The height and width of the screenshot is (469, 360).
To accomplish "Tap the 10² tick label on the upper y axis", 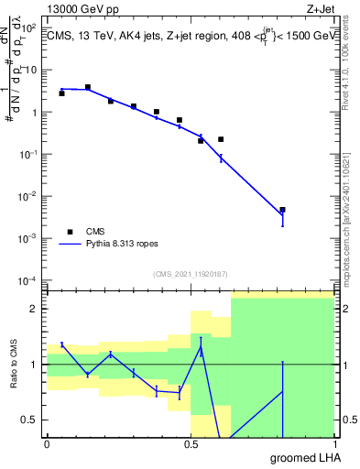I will pyautogui.click(x=30, y=28).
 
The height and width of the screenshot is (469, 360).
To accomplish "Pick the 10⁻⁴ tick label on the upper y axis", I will pyautogui.click(x=30, y=280).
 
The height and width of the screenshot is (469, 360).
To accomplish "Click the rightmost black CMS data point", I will pyautogui.click(x=283, y=210).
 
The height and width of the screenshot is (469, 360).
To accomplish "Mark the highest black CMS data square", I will pyautogui.click(x=88, y=87).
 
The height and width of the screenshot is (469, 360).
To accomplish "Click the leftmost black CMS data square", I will pyautogui.click(x=61, y=93).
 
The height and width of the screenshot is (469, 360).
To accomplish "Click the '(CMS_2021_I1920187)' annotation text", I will pyautogui.click(x=190, y=274).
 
